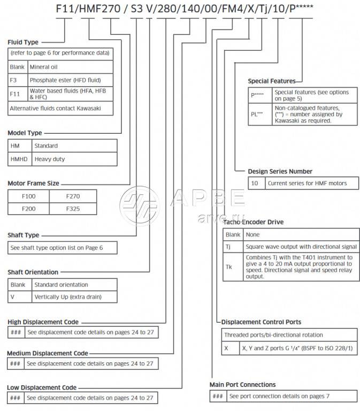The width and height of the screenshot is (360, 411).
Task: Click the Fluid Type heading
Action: click(23, 42)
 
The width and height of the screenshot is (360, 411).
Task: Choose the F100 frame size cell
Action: click(28, 196)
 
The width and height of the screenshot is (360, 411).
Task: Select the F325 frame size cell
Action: click(73, 209)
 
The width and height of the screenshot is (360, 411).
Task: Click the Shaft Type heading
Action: click(23, 235)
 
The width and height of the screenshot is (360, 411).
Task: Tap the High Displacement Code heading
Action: click(43, 322)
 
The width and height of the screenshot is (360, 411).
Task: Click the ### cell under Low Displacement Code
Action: click(15, 398)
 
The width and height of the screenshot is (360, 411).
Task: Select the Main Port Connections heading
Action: click(242, 384)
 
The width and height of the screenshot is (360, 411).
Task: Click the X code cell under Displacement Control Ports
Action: click(228, 348)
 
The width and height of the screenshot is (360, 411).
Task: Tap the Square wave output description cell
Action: click(301, 247)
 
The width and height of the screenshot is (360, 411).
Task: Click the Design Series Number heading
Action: click(280, 171)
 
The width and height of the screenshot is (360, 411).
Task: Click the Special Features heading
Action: click(271, 81)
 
